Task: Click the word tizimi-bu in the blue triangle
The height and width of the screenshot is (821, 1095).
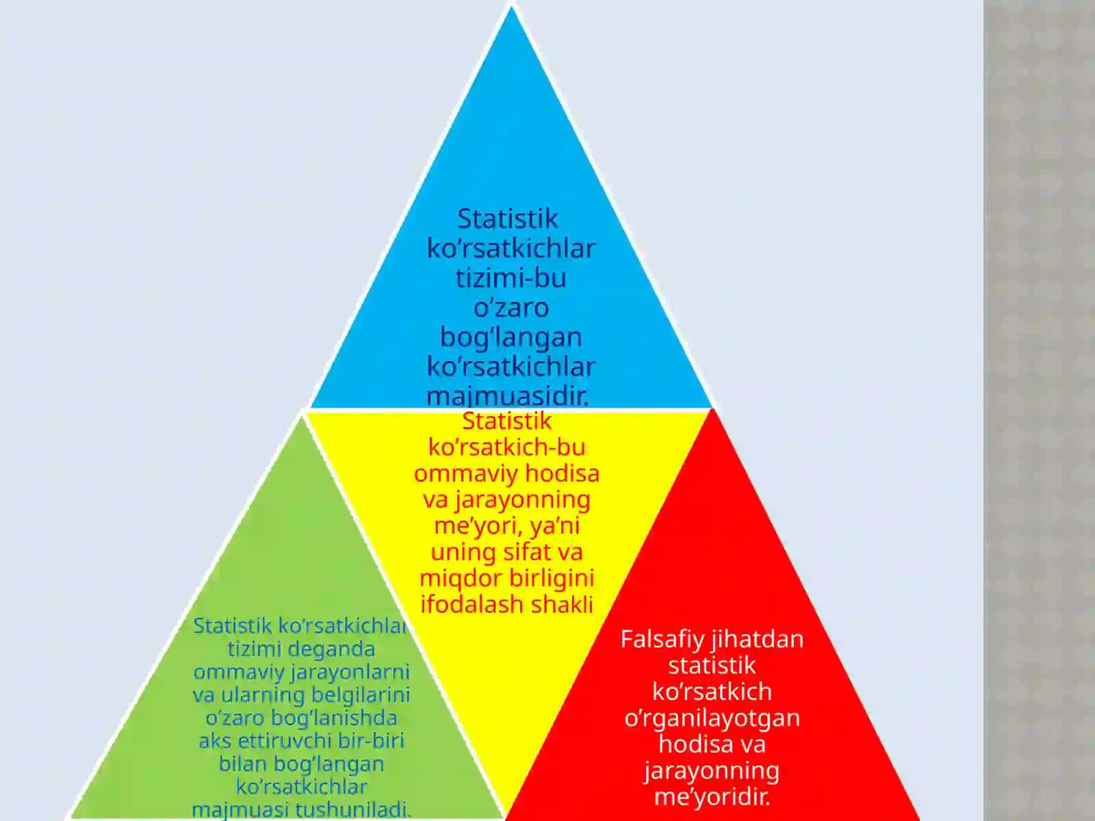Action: pyautogui.click(x=511, y=278)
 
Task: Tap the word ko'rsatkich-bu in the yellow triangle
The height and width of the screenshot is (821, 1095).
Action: pyautogui.click(x=507, y=448)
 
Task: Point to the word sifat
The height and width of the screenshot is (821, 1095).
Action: pyautogui.click(x=528, y=552)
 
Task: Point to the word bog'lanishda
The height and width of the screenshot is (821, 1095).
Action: pyautogui.click(x=334, y=718)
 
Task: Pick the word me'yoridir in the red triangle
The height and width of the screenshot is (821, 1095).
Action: pyautogui.click(x=712, y=797)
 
